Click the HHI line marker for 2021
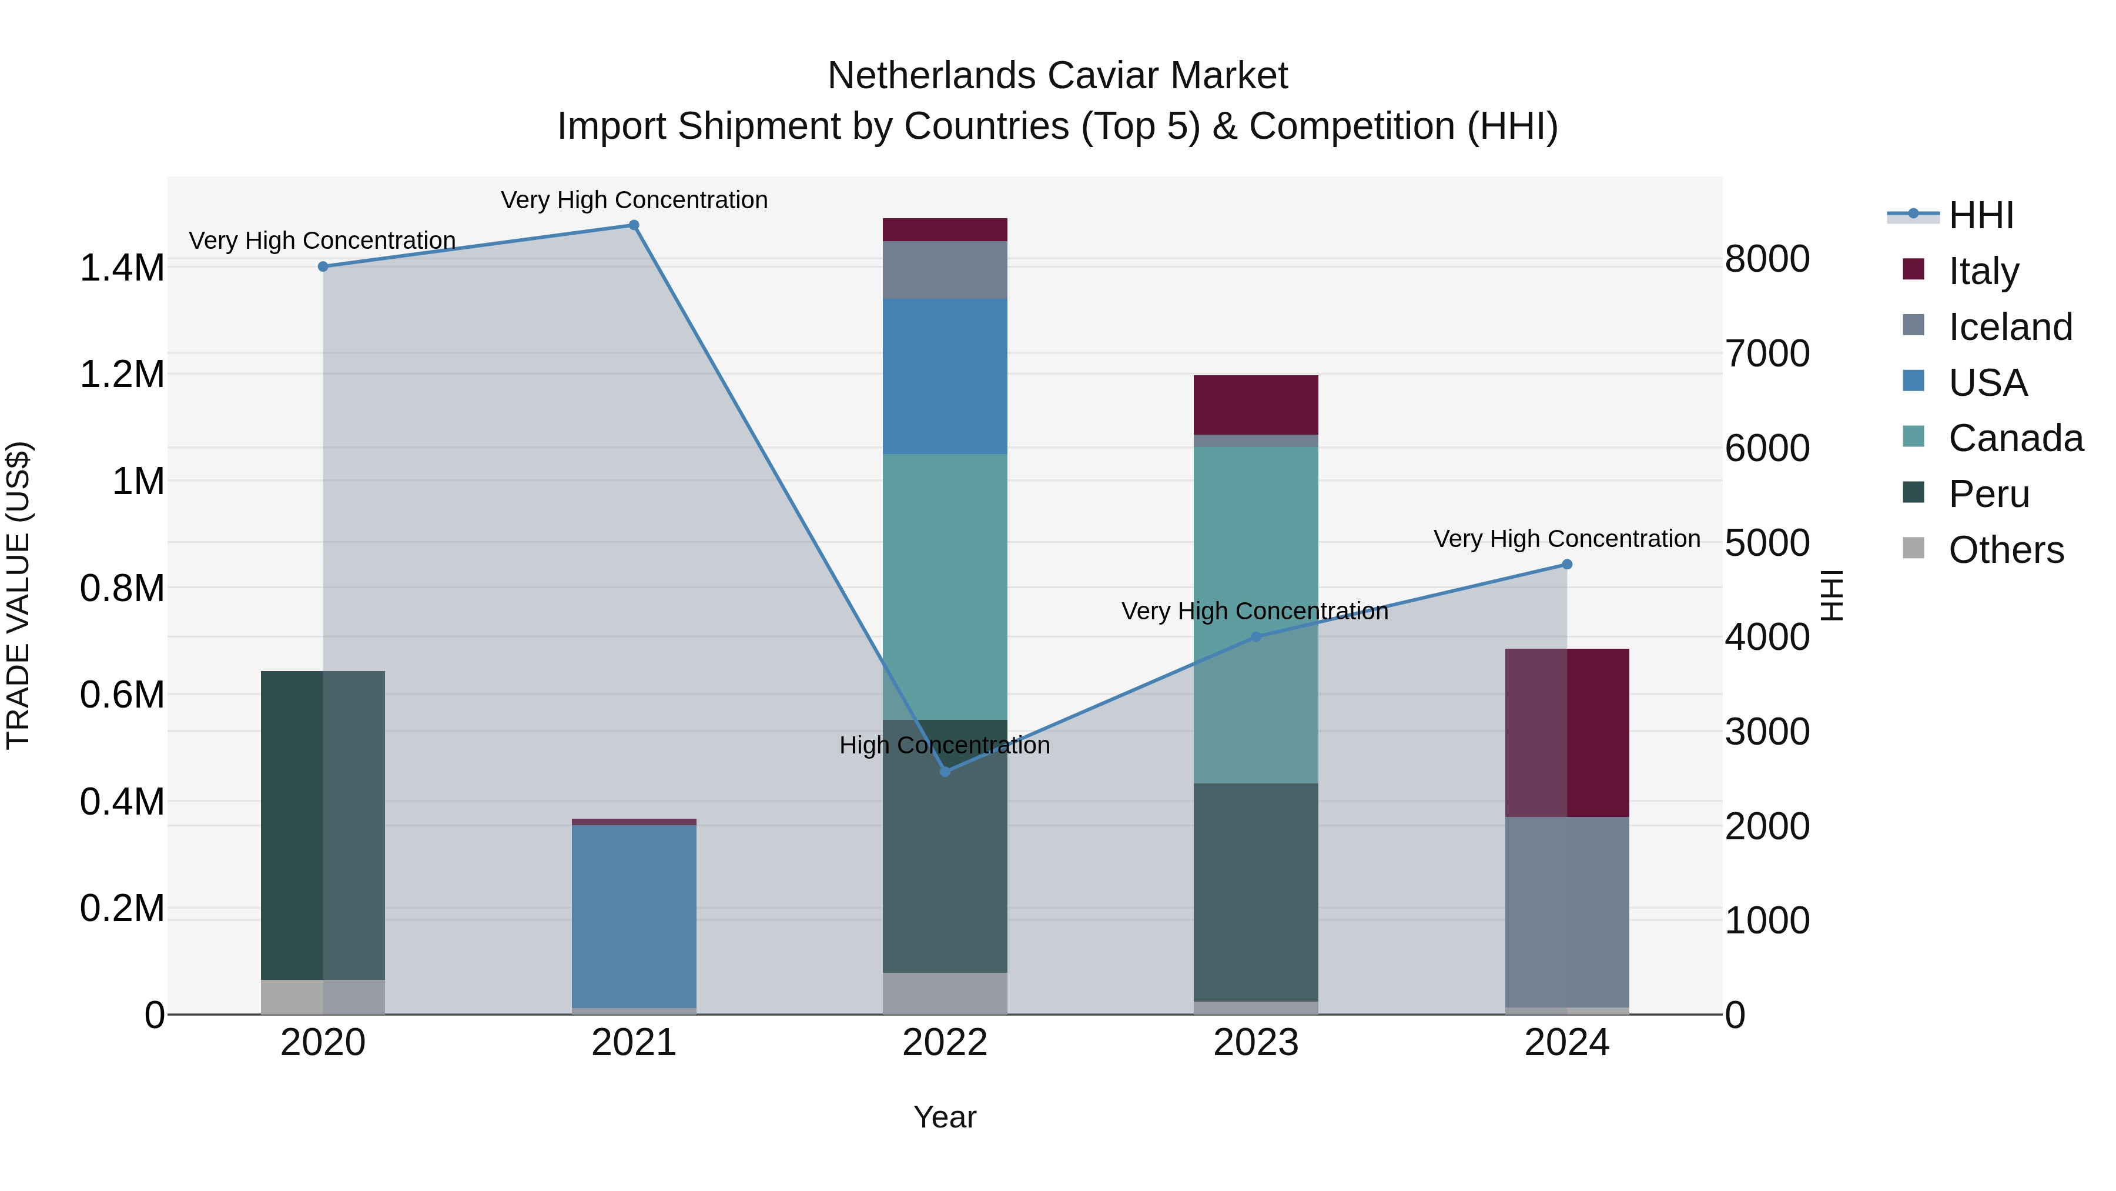point(633,225)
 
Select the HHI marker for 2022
point(945,771)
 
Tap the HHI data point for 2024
point(1566,565)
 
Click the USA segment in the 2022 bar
point(945,376)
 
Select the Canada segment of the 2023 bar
point(1255,615)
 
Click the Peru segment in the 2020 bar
point(323,825)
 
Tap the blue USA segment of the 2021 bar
point(633,916)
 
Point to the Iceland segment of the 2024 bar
point(1566,912)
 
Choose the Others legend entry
point(2005,550)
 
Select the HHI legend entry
point(1980,215)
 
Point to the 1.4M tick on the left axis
point(122,268)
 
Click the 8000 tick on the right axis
point(1767,259)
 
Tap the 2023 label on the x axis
point(1255,1043)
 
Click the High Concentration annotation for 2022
point(945,746)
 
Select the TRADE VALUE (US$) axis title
point(18,595)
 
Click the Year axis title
point(945,1117)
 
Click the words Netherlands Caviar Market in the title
point(1057,76)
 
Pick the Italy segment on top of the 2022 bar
point(945,229)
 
